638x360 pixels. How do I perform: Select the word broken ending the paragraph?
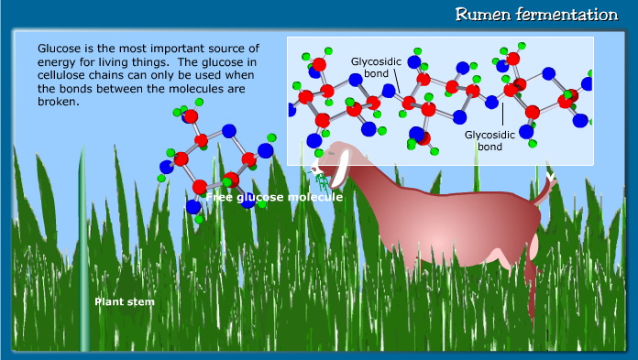click(x=56, y=102)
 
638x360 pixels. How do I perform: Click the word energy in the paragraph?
click(x=56, y=61)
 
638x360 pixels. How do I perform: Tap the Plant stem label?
click(x=125, y=301)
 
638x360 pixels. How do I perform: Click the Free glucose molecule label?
click(x=274, y=197)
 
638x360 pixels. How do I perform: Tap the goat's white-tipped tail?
click(x=550, y=176)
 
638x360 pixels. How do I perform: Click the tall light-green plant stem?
click(x=84, y=256)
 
